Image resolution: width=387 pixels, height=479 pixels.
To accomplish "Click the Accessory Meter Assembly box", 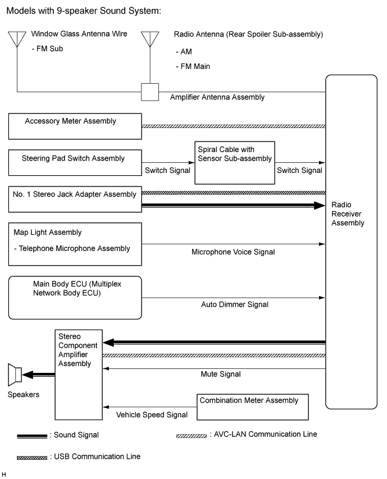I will coord(75,126).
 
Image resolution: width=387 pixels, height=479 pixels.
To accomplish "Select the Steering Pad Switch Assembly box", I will coord(75,162).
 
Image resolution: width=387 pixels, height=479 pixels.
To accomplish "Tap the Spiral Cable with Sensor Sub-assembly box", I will coord(233,163).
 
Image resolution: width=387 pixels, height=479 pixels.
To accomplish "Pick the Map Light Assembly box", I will coord(75,244).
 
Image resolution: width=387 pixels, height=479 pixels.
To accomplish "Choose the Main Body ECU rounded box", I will coord(75,297).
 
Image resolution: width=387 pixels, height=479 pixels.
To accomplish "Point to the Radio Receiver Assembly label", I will coord(348,214).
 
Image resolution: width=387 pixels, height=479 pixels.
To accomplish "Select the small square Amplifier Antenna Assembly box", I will coord(149,92).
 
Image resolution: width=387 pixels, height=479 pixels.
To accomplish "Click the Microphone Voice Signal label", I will coord(234,252).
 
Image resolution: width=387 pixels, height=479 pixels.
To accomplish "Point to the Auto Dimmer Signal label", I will coord(235,305).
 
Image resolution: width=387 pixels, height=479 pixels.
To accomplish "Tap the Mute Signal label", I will coord(221,374).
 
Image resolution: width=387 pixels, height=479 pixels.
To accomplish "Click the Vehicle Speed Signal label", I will coord(152,416).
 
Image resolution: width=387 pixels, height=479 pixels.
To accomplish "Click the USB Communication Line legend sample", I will coord(32,458).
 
